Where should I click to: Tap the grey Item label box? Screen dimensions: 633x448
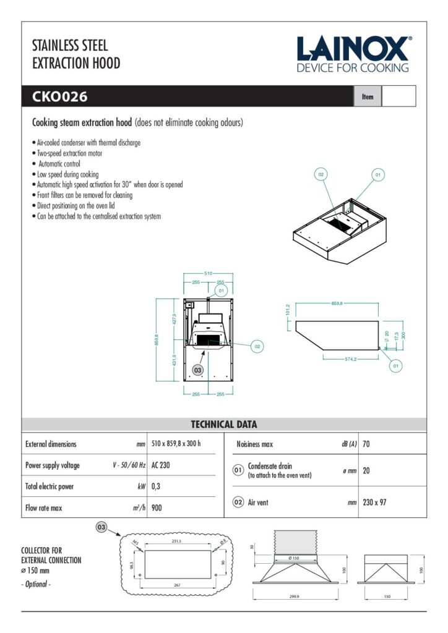[x=368, y=97]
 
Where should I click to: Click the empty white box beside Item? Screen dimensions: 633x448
[x=398, y=97]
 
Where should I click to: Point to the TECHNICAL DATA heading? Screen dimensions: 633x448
[x=224, y=425]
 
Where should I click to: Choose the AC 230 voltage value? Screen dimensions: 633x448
[x=160, y=465]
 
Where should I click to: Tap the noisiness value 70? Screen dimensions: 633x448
[x=366, y=444]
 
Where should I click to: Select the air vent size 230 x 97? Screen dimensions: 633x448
[x=374, y=503]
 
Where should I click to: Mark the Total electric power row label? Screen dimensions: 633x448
[x=49, y=486]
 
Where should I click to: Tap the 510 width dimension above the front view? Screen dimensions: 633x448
[x=208, y=273]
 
